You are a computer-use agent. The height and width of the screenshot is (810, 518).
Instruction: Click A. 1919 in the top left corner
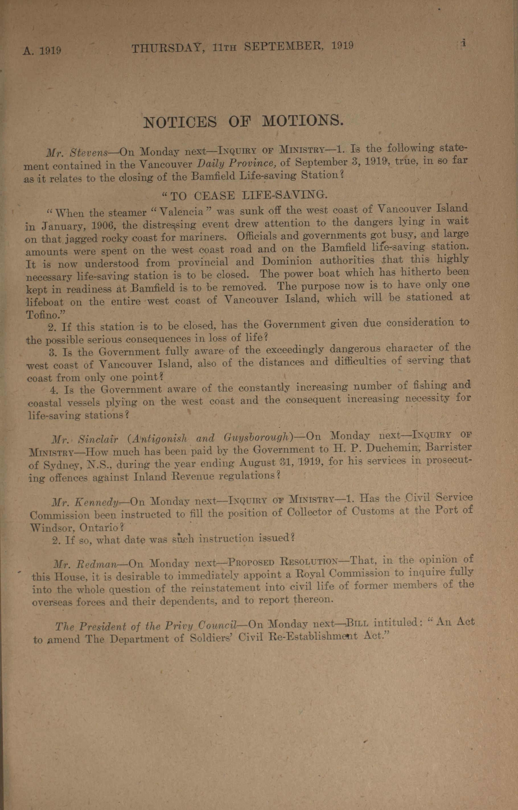click(42, 50)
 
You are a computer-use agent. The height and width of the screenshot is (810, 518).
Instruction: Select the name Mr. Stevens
click(77, 153)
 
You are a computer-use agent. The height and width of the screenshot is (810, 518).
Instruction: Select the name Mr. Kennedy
click(85, 502)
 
